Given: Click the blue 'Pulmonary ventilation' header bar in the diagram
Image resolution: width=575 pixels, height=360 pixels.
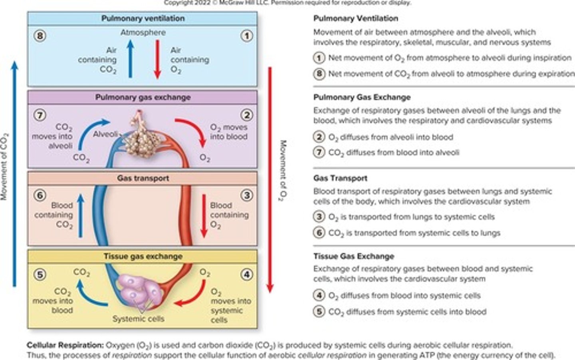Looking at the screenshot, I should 143,18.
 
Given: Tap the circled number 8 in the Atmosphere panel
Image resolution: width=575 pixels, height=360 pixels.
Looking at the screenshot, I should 40,36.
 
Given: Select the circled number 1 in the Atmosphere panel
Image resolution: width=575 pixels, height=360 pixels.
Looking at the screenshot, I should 247,36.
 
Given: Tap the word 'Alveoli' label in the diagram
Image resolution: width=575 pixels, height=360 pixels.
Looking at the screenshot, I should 105,134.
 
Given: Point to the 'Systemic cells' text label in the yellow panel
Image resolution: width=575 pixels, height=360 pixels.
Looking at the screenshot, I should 138,319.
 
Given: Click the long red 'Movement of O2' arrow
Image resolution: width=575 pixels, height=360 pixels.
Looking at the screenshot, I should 270,180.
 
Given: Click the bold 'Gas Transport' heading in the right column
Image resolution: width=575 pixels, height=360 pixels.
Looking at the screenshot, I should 340,178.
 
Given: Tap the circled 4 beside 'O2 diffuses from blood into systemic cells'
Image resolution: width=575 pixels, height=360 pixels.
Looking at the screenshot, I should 319,296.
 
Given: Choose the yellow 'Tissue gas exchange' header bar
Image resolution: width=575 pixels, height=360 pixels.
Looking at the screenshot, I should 143,257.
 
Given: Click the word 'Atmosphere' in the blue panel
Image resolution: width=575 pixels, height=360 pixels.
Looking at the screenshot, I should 143,32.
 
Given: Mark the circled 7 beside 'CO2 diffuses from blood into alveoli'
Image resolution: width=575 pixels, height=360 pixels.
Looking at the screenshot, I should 319,153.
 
